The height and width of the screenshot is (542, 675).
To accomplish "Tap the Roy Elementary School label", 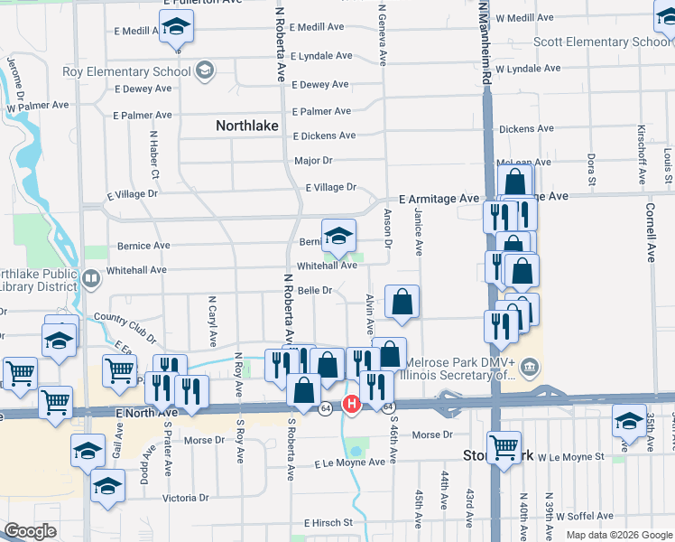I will click(x=126, y=71).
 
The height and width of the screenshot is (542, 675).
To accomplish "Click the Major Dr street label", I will click(x=313, y=161).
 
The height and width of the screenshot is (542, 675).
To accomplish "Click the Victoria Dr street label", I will click(x=185, y=498).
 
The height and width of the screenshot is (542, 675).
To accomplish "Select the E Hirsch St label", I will click(x=328, y=523).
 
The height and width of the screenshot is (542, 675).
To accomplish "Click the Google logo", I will click(x=30, y=531).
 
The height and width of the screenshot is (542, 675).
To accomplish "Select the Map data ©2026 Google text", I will click(x=619, y=535).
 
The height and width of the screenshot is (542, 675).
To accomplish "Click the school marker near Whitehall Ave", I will click(x=338, y=237).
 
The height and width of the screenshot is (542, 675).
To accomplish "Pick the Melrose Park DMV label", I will click(x=461, y=363).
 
